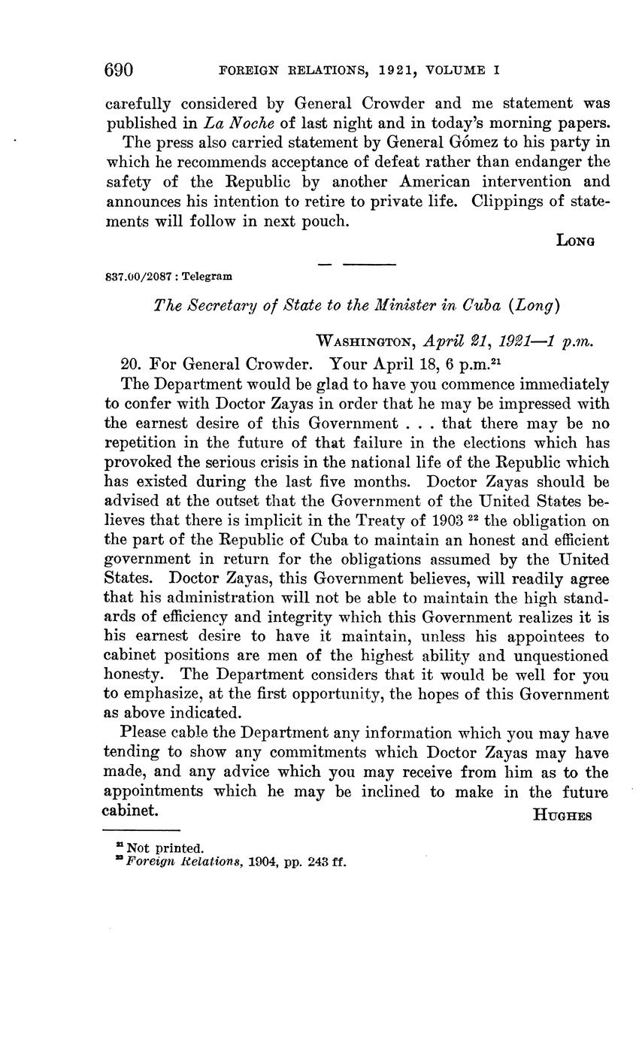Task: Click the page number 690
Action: pyautogui.click(x=119, y=70)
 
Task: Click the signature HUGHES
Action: pyautogui.click(x=562, y=815)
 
